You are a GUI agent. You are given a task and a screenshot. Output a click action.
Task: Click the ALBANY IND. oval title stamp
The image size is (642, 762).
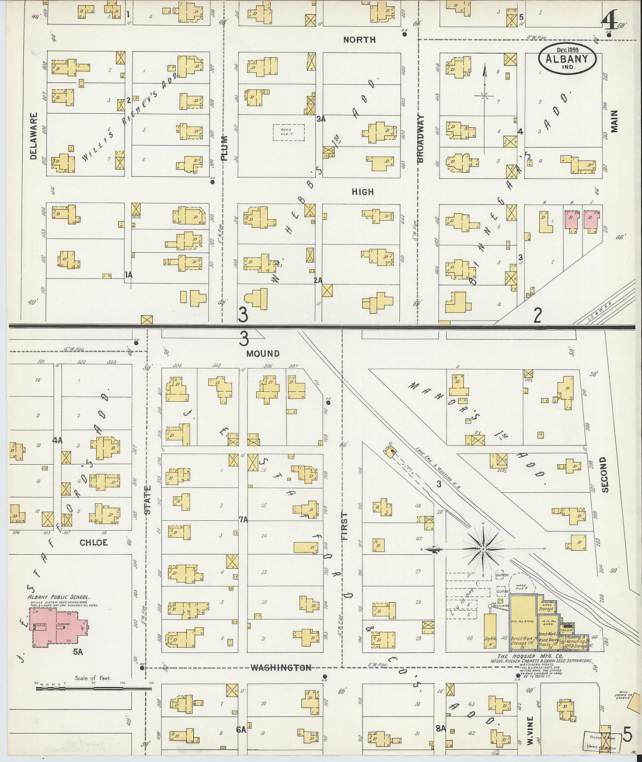(567, 59)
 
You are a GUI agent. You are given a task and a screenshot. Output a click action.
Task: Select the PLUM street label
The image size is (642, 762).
(224, 148)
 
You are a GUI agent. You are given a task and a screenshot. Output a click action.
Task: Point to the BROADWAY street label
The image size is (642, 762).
(421, 138)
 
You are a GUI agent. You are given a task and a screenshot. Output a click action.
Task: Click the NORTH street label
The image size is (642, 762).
(359, 40)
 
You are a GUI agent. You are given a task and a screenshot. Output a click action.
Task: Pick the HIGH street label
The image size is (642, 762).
(362, 192)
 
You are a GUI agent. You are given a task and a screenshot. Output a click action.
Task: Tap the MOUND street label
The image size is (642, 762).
(263, 354)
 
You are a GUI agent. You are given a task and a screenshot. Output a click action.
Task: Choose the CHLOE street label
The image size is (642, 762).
(93, 542)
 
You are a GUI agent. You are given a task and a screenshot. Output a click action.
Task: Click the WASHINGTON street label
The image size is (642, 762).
(281, 667)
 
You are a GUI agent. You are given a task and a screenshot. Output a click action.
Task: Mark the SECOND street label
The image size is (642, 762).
(604, 475)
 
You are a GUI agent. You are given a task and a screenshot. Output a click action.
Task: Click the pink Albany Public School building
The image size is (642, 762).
(58, 628)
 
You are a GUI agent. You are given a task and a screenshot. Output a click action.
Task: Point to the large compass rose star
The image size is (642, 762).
(483, 548)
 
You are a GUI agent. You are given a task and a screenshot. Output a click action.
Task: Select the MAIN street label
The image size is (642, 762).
(614, 121)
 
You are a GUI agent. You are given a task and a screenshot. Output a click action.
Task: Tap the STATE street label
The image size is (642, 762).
(148, 500)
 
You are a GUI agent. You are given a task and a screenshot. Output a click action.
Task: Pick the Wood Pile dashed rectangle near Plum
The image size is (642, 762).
(288, 131)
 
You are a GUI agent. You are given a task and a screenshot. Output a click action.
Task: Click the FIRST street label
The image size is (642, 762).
(344, 526)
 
